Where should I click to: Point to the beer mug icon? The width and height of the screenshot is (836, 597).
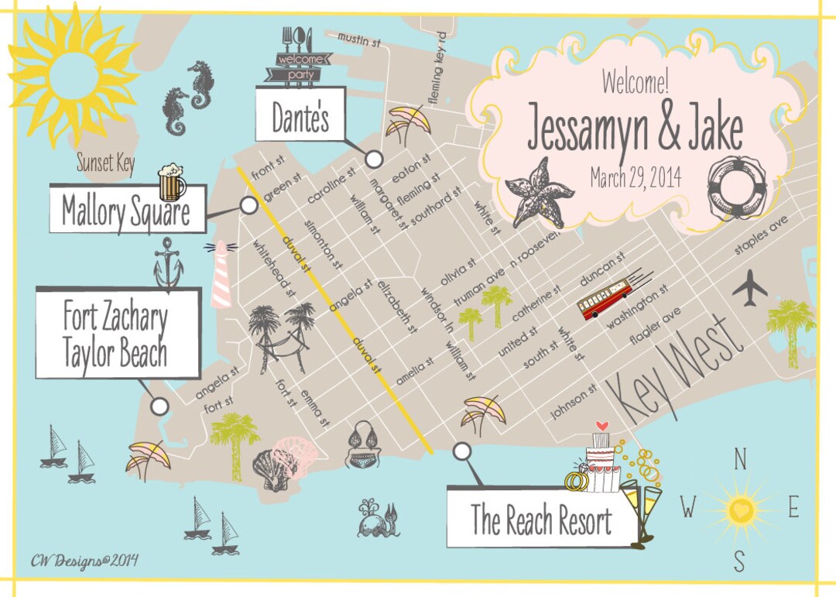point(172,183)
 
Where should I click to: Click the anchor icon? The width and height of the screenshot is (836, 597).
point(168,263)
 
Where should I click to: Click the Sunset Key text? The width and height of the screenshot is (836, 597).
point(105,163)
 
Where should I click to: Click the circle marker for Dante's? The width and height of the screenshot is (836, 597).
point(374,160)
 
